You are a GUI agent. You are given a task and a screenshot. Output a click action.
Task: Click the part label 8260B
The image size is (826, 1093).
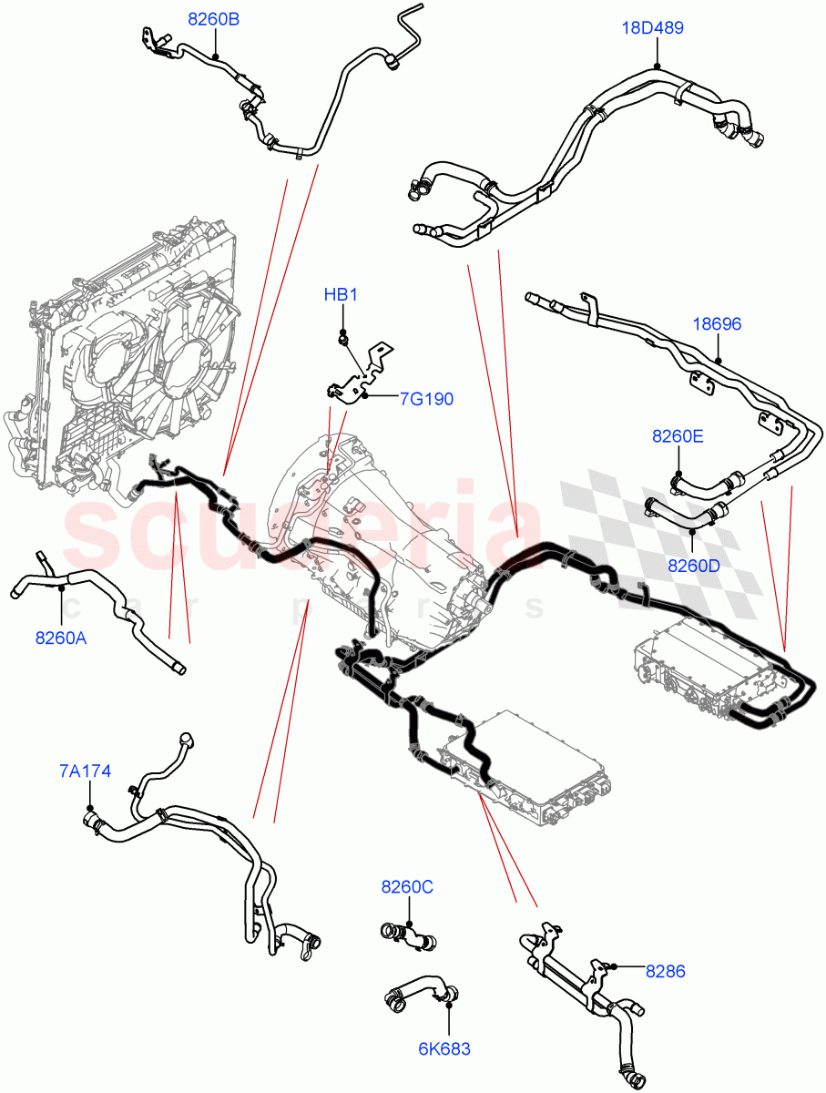[x=214, y=19]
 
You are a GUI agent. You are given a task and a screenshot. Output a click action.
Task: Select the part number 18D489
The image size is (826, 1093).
[x=652, y=28]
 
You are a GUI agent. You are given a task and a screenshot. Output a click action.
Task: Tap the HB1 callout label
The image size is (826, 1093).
[x=342, y=295]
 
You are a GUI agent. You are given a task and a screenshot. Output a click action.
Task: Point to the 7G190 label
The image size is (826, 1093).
[x=425, y=399]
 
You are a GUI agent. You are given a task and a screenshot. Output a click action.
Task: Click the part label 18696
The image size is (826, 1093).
[x=718, y=323]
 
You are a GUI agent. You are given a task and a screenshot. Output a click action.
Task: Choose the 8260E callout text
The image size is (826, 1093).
[x=677, y=436]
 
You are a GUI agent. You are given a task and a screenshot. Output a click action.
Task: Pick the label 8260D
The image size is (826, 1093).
[x=694, y=565]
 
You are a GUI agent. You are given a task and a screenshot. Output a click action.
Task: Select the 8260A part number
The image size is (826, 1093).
[x=61, y=638]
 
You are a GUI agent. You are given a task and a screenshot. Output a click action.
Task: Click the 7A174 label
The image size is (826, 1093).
[x=86, y=771]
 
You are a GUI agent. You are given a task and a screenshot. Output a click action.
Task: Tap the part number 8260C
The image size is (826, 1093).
[x=407, y=886]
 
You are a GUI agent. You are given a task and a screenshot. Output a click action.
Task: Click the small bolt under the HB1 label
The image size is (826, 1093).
[x=342, y=340]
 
